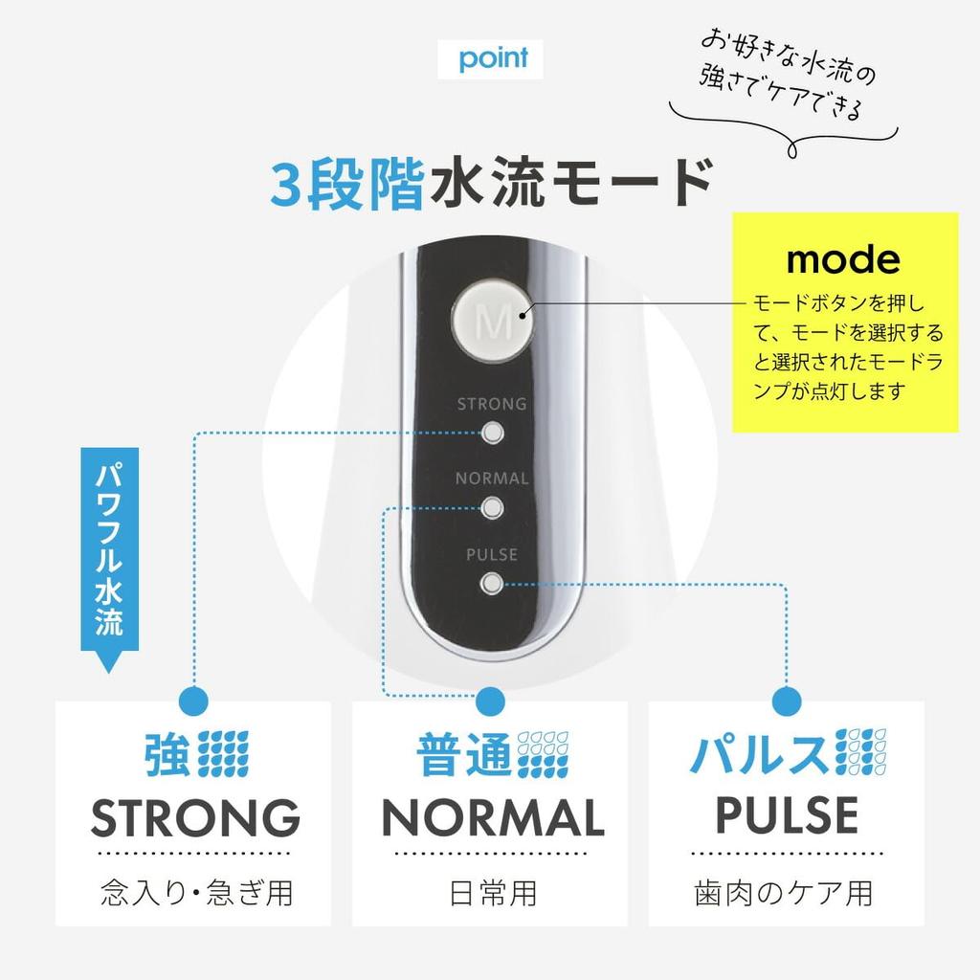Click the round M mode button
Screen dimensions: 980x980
pyautogui.click(x=492, y=323)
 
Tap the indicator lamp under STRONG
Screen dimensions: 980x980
pyautogui.click(x=493, y=433)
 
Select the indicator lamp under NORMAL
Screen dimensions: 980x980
pyautogui.click(x=493, y=507)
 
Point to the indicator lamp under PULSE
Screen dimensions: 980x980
pyautogui.click(x=492, y=585)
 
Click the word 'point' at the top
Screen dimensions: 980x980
pyautogui.click(x=493, y=58)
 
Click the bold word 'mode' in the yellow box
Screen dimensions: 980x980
pyautogui.click(x=843, y=258)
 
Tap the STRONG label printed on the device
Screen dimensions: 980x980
pyautogui.click(x=492, y=404)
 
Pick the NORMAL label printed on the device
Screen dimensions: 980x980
pyautogui.click(x=492, y=479)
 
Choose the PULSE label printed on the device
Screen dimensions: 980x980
pyautogui.click(x=492, y=554)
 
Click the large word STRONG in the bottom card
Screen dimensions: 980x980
pyautogui.click(x=195, y=817)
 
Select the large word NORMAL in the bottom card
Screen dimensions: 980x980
pyautogui.click(x=493, y=817)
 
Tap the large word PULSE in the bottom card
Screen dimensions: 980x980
pyautogui.click(x=787, y=814)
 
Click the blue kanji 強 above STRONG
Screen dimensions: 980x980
pyautogui.click(x=167, y=754)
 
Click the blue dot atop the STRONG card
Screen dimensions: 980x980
pyautogui.click(x=193, y=702)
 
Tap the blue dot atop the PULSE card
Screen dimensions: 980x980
pyautogui.click(x=787, y=702)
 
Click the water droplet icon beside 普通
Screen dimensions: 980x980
pyautogui.click(x=543, y=754)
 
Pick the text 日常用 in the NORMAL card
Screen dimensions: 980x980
pyautogui.click(x=493, y=893)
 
